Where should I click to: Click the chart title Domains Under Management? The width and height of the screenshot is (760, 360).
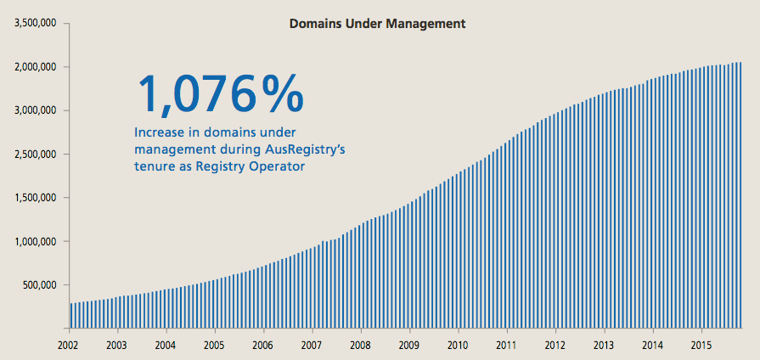pyautogui.click(x=377, y=25)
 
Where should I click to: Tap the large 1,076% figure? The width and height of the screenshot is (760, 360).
pyautogui.click(x=219, y=93)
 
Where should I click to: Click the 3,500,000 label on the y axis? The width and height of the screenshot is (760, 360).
pyautogui.click(x=36, y=23)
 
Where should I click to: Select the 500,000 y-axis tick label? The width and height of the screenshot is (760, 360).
pyautogui.click(x=39, y=285)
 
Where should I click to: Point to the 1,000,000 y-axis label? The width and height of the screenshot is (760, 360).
pyautogui.click(x=36, y=242)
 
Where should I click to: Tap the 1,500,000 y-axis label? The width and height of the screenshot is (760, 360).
pyautogui.click(x=36, y=198)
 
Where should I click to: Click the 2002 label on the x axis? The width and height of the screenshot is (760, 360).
pyautogui.click(x=70, y=346)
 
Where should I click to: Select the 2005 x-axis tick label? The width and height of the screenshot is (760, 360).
pyautogui.click(x=215, y=346)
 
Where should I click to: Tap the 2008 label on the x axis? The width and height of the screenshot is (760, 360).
pyautogui.click(x=361, y=346)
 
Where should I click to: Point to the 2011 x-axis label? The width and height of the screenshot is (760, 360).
pyautogui.click(x=507, y=346)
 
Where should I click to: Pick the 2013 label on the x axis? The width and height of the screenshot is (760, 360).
pyautogui.click(x=604, y=346)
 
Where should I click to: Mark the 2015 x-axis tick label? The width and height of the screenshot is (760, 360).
pyautogui.click(x=701, y=346)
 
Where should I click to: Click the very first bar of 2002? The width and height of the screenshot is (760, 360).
pyautogui.click(x=71, y=315)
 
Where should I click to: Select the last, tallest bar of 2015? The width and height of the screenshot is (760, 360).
pyautogui.click(x=740, y=195)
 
